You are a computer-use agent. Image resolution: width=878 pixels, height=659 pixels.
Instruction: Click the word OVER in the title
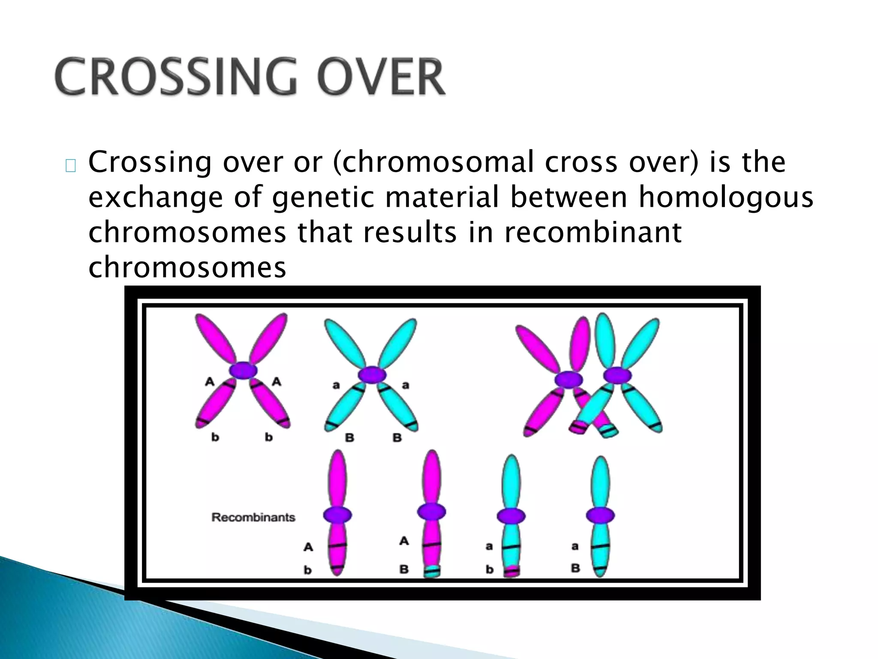point(381,77)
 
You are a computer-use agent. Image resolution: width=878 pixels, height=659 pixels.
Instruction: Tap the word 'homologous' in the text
point(725,197)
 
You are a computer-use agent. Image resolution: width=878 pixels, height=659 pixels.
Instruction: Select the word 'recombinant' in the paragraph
point(592,232)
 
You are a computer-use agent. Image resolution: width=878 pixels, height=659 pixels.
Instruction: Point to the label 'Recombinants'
point(253,517)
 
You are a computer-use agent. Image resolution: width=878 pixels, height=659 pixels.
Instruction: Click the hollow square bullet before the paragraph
point(71,166)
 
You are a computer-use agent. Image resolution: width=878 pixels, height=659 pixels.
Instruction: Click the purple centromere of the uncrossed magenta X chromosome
point(243,370)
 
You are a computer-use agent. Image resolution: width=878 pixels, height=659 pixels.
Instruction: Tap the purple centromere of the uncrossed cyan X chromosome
point(372,374)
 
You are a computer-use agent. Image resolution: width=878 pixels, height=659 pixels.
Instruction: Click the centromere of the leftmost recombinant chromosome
point(337,515)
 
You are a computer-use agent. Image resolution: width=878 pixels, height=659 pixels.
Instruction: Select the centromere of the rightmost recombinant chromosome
point(600,515)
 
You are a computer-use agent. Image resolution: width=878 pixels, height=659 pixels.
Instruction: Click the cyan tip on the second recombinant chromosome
point(432,571)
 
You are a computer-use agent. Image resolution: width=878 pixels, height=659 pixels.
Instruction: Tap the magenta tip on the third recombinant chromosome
point(511,571)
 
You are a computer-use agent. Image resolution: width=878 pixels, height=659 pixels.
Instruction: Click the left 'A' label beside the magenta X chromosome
point(210,381)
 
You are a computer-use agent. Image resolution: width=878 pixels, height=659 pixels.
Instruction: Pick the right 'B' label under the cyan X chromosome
point(397,438)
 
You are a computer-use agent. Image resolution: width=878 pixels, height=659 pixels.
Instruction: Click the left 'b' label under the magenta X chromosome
point(215,437)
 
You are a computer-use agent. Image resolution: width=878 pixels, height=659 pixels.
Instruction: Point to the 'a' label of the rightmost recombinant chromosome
point(575,546)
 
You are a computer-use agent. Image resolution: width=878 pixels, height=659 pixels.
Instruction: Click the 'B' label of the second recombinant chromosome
point(404,569)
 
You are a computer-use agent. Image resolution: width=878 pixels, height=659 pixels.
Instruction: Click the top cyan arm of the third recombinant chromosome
point(511,481)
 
